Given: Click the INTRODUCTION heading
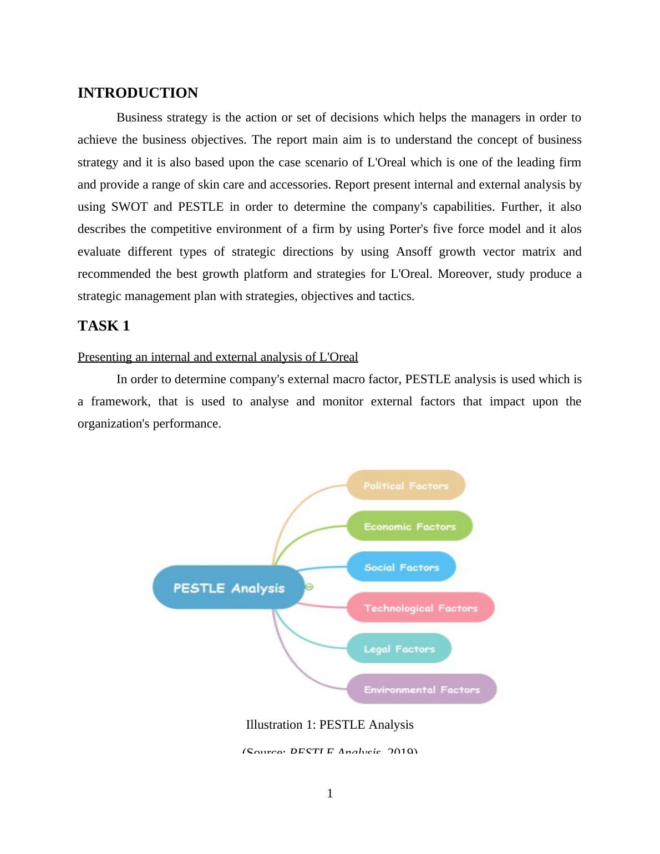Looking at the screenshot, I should (x=138, y=93).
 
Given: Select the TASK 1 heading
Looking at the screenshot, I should (x=104, y=326).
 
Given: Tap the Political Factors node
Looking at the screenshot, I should (x=406, y=485).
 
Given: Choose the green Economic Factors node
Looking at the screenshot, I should (x=409, y=526).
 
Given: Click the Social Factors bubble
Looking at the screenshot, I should (x=401, y=567).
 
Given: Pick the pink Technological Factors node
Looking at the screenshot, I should (x=420, y=608).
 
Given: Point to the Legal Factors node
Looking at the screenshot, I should (x=399, y=648).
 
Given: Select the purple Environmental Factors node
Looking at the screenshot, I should (x=422, y=689).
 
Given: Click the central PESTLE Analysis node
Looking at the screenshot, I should (x=229, y=588).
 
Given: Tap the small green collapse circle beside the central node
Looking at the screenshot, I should (x=309, y=587).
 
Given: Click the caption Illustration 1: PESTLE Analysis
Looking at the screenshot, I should (x=329, y=725).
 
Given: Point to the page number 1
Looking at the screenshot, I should (x=330, y=794).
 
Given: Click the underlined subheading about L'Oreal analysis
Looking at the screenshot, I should (x=217, y=357).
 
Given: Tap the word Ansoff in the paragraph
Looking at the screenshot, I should (x=413, y=252).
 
